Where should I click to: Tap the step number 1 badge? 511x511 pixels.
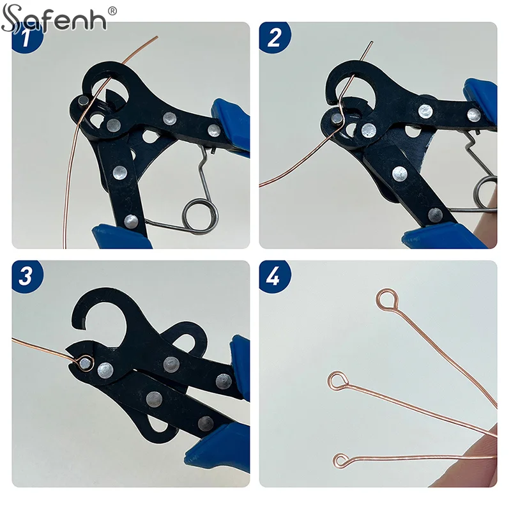point(26,40)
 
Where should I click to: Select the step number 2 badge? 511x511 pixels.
point(274,38)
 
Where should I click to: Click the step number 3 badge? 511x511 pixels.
point(26,277)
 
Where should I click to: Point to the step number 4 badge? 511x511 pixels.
point(274,277)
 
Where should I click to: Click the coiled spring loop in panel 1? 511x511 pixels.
point(198,213)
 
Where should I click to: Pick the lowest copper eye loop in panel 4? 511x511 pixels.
point(342,460)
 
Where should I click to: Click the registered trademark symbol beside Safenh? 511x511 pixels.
point(112,11)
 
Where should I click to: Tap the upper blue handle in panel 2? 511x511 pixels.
point(482,96)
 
